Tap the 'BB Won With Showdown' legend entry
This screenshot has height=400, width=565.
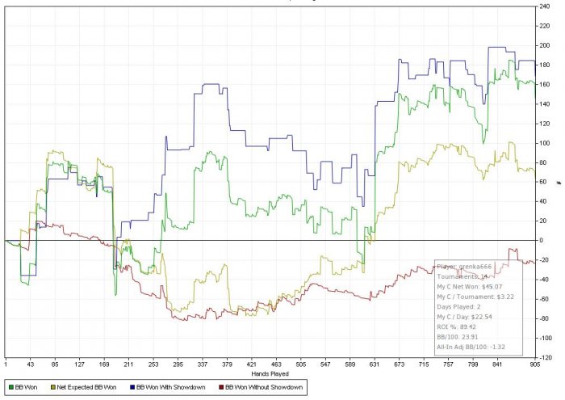[169, 388]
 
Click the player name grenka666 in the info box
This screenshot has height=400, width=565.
[473, 266]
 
